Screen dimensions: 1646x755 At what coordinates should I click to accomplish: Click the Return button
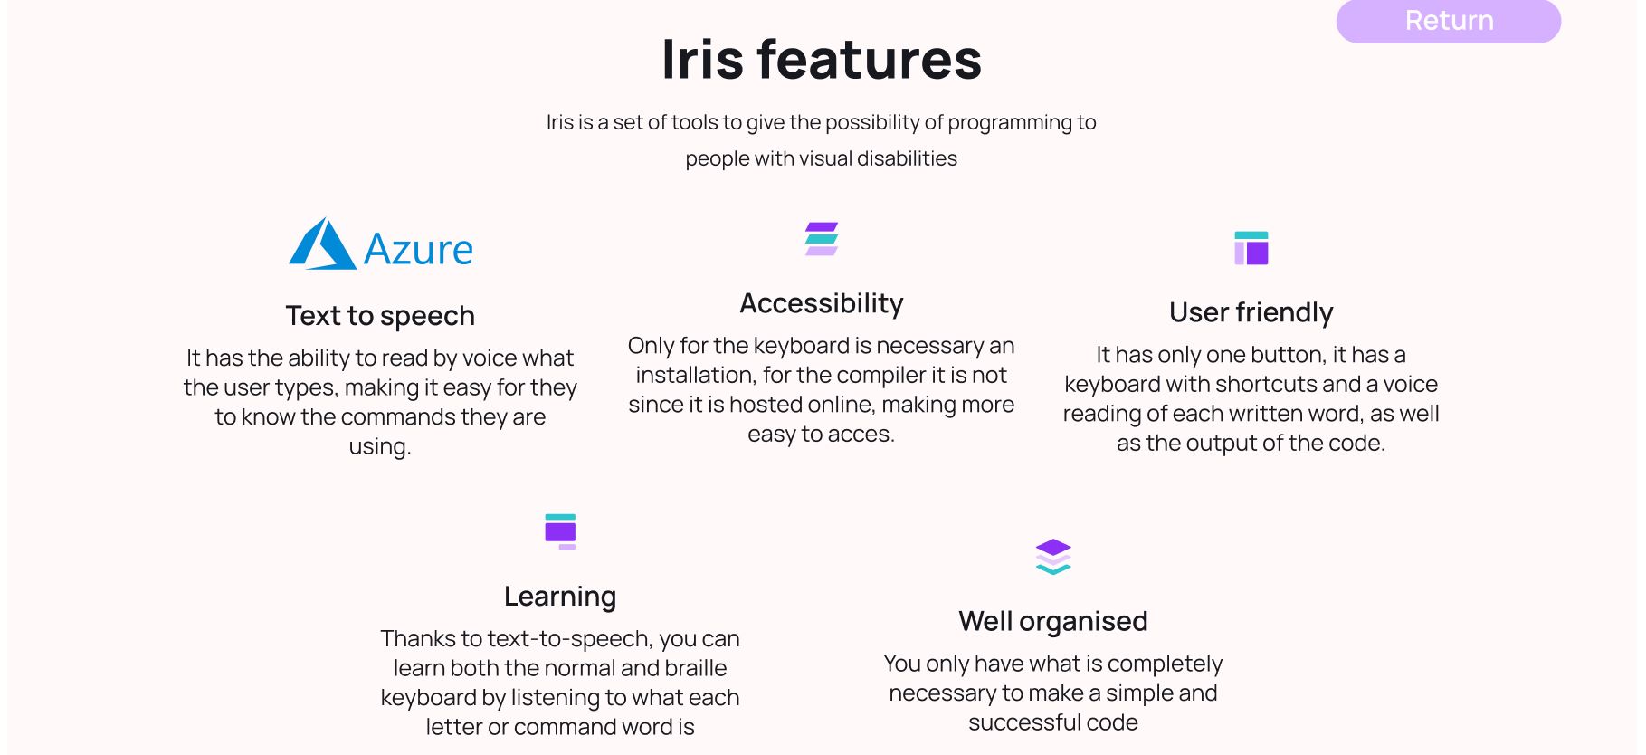[x=1448, y=21]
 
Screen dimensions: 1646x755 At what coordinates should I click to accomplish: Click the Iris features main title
[x=822, y=60]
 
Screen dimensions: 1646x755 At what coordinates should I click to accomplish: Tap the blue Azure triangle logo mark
[x=322, y=244]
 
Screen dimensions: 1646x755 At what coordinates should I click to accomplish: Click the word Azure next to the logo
[x=418, y=250]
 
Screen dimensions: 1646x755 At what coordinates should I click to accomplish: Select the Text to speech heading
[x=380, y=316]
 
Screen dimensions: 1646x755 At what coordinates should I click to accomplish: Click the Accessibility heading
[x=822, y=303]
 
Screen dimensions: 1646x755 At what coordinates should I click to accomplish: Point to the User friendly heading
[x=1251, y=312]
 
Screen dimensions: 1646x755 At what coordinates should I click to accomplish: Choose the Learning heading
[x=560, y=597]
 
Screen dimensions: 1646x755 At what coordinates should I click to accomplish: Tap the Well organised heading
[x=1053, y=621]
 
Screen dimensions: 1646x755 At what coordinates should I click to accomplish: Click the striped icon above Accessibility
[x=822, y=239]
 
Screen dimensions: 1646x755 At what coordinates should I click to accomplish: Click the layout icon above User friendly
[x=1251, y=248]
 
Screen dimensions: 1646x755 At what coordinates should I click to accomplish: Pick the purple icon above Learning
[x=560, y=531]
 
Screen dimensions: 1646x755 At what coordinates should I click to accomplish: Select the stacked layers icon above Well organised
[x=1053, y=557]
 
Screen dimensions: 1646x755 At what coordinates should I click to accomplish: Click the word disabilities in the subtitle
[x=907, y=158]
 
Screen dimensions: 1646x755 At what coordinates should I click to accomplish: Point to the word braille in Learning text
[x=696, y=668]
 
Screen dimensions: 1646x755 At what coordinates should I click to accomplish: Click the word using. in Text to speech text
[x=380, y=447]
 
